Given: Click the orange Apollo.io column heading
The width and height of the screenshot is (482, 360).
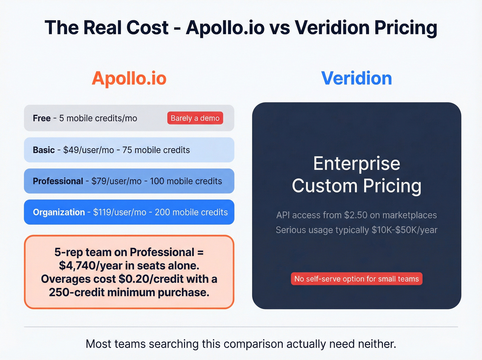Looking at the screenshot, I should (129, 78).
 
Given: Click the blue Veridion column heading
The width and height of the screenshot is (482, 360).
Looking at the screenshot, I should (356, 78).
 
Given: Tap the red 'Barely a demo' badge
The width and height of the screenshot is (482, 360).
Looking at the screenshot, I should (195, 118).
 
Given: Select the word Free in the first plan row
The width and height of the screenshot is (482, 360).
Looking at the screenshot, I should (42, 118).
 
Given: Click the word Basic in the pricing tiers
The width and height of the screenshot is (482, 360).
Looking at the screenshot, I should (44, 150).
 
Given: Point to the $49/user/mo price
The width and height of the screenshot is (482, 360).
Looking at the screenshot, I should (88, 150).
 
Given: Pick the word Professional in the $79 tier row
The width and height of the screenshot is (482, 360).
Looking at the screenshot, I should (58, 181).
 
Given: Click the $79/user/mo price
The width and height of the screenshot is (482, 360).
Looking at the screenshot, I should (116, 181).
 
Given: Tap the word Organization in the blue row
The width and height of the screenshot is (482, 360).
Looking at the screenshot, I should (59, 212).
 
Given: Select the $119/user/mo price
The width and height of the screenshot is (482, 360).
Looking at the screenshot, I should (119, 212).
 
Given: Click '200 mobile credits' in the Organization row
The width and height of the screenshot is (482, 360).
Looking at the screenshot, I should (191, 212).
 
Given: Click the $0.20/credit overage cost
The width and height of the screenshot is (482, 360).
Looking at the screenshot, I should (145, 279).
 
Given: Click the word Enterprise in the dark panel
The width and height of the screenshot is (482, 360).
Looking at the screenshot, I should (357, 163).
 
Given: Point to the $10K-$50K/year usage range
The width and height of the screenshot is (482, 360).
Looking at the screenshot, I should (404, 230).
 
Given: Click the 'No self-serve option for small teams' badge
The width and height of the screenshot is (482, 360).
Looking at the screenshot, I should (356, 279).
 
